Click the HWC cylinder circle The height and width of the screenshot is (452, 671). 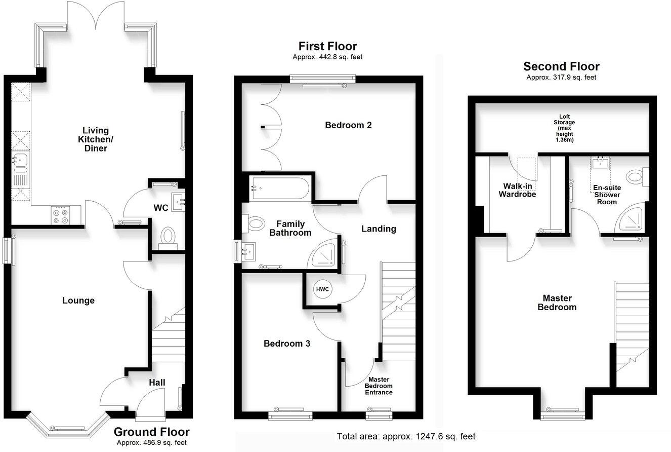coord(322,289)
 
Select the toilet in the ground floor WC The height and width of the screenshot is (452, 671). coord(167,237)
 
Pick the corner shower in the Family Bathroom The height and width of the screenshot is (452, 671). coord(325,254)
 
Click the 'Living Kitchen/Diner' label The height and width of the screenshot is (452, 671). coord(96,139)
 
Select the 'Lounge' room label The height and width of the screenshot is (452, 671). coord(78,300)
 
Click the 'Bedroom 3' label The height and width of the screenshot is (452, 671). coord(287,344)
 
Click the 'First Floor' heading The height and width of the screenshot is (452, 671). coord(327,47)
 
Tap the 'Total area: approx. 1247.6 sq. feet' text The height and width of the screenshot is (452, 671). coord(406,436)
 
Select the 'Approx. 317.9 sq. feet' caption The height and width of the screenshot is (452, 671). coord(561,78)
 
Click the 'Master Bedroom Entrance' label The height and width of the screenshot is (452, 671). coord(380,386)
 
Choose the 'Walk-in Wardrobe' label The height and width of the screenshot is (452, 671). coord(517,190)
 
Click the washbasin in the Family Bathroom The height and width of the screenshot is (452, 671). coord(249,251)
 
